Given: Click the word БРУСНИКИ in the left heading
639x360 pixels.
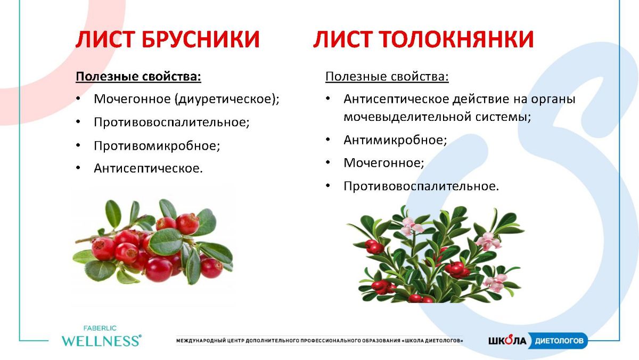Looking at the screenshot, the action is pyautogui.click(x=201, y=39).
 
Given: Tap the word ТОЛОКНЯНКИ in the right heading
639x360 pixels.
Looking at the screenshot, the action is pyautogui.click(x=456, y=39).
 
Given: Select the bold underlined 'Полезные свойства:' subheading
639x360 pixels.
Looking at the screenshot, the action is pyautogui.click(x=138, y=77).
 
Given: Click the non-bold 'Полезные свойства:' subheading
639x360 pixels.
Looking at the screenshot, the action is pyautogui.click(x=387, y=77).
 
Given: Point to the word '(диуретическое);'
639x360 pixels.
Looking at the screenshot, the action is pyautogui.click(x=227, y=99).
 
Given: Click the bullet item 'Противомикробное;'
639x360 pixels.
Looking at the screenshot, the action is pyautogui.click(x=157, y=146).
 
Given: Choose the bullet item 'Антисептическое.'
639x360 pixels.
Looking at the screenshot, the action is pyautogui.click(x=149, y=168).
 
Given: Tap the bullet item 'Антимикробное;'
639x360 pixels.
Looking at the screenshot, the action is pyautogui.click(x=395, y=140).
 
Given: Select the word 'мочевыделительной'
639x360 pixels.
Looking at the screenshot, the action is pyautogui.click(x=407, y=117).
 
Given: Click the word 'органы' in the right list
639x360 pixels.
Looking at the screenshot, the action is pyautogui.click(x=553, y=100).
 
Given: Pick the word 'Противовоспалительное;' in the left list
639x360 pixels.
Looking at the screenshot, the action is pyautogui.click(x=171, y=122).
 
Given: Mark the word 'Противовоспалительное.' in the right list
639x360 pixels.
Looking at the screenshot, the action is pyautogui.click(x=421, y=186).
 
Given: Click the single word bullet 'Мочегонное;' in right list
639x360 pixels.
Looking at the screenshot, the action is pyautogui.click(x=384, y=163).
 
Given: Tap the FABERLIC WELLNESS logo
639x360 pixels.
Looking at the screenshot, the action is pyautogui.click(x=101, y=337).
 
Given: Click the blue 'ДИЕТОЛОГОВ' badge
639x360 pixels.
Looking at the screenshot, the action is pyautogui.click(x=559, y=341).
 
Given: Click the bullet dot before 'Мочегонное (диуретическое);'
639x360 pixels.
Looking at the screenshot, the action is pyautogui.click(x=78, y=99).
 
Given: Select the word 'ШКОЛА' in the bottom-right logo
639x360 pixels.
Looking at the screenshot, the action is pyautogui.click(x=507, y=340).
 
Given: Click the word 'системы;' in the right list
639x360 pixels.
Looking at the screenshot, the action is pyautogui.click(x=503, y=117).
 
